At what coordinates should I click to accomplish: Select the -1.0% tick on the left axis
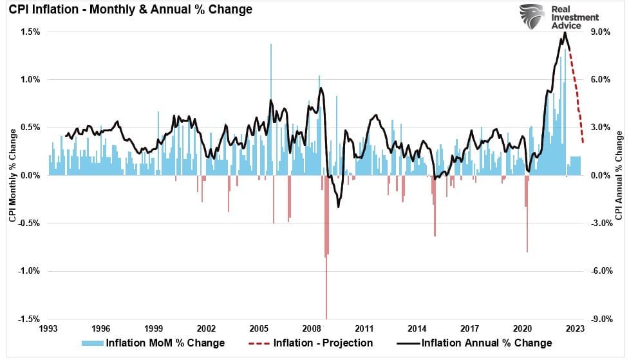(x=30, y=271)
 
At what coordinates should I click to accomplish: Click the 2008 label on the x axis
(x=312, y=327)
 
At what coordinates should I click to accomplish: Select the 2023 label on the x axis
(x=575, y=327)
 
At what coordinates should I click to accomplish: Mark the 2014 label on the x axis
(x=417, y=327)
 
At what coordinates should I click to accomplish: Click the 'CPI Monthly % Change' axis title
(x=12, y=175)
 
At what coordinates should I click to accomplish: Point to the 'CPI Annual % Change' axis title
(x=619, y=175)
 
